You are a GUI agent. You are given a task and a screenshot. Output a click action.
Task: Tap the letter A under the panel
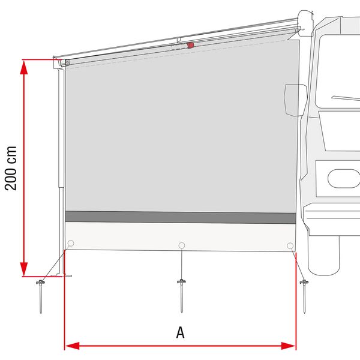[181, 332]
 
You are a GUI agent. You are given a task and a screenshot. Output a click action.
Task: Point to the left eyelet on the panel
[71, 244]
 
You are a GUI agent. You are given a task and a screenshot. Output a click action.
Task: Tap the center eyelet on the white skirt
[181, 245]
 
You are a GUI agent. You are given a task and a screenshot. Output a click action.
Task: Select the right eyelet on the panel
[290, 245]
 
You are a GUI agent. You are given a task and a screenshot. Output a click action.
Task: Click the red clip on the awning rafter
[191, 45]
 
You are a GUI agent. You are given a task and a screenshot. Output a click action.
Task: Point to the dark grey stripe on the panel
[180, 217]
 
